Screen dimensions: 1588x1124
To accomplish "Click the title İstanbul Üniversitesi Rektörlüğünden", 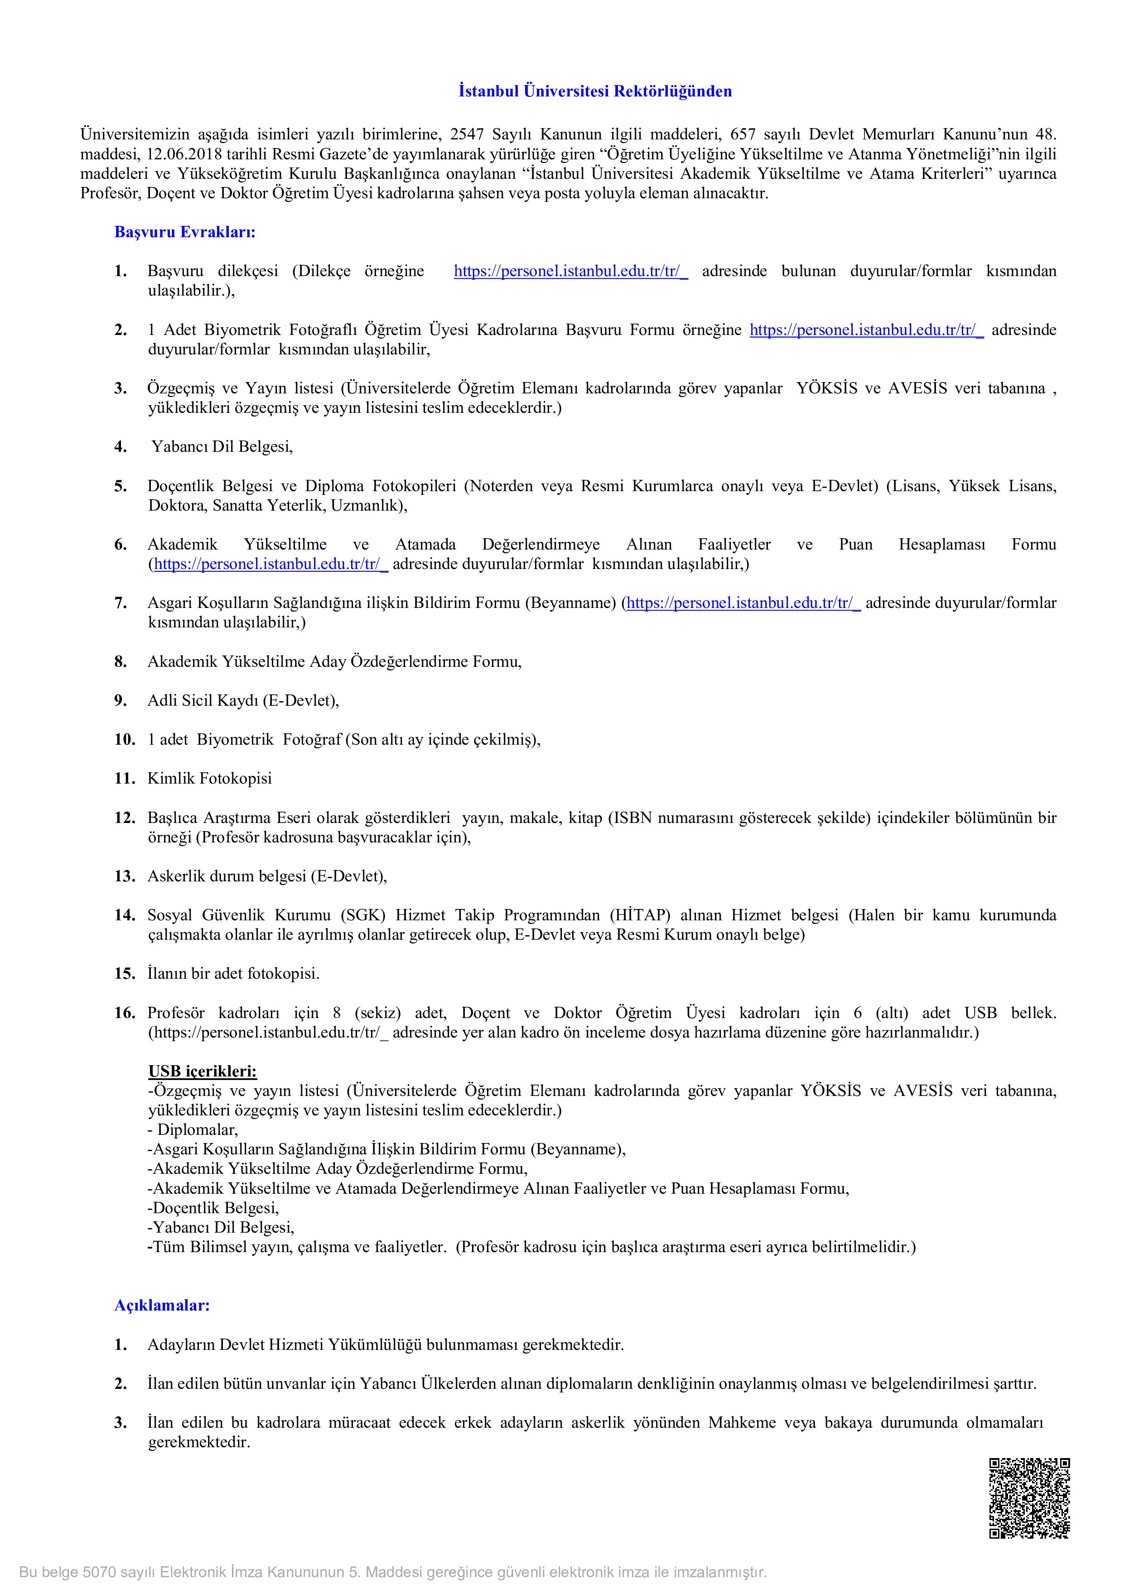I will pyautogui.click(x=595, y=91).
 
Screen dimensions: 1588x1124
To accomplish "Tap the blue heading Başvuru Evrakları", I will pyautogui.click(x=185, y=232).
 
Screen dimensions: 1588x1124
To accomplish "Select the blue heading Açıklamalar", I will pyautogui.click(x=162, y=1305).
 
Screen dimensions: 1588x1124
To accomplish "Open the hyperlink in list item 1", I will pyautogui.click(x=570, y=271).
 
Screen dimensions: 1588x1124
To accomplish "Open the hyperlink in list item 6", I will pyautogui.click(x=270, y=564).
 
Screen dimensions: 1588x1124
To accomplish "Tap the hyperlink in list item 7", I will pyautogui.click(x=743, y=603).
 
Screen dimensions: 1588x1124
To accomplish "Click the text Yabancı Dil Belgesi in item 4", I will pyautogui.click(x=222, y=447).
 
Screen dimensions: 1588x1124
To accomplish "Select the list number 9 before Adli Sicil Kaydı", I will pyautogui.click(x=121, y=701).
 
